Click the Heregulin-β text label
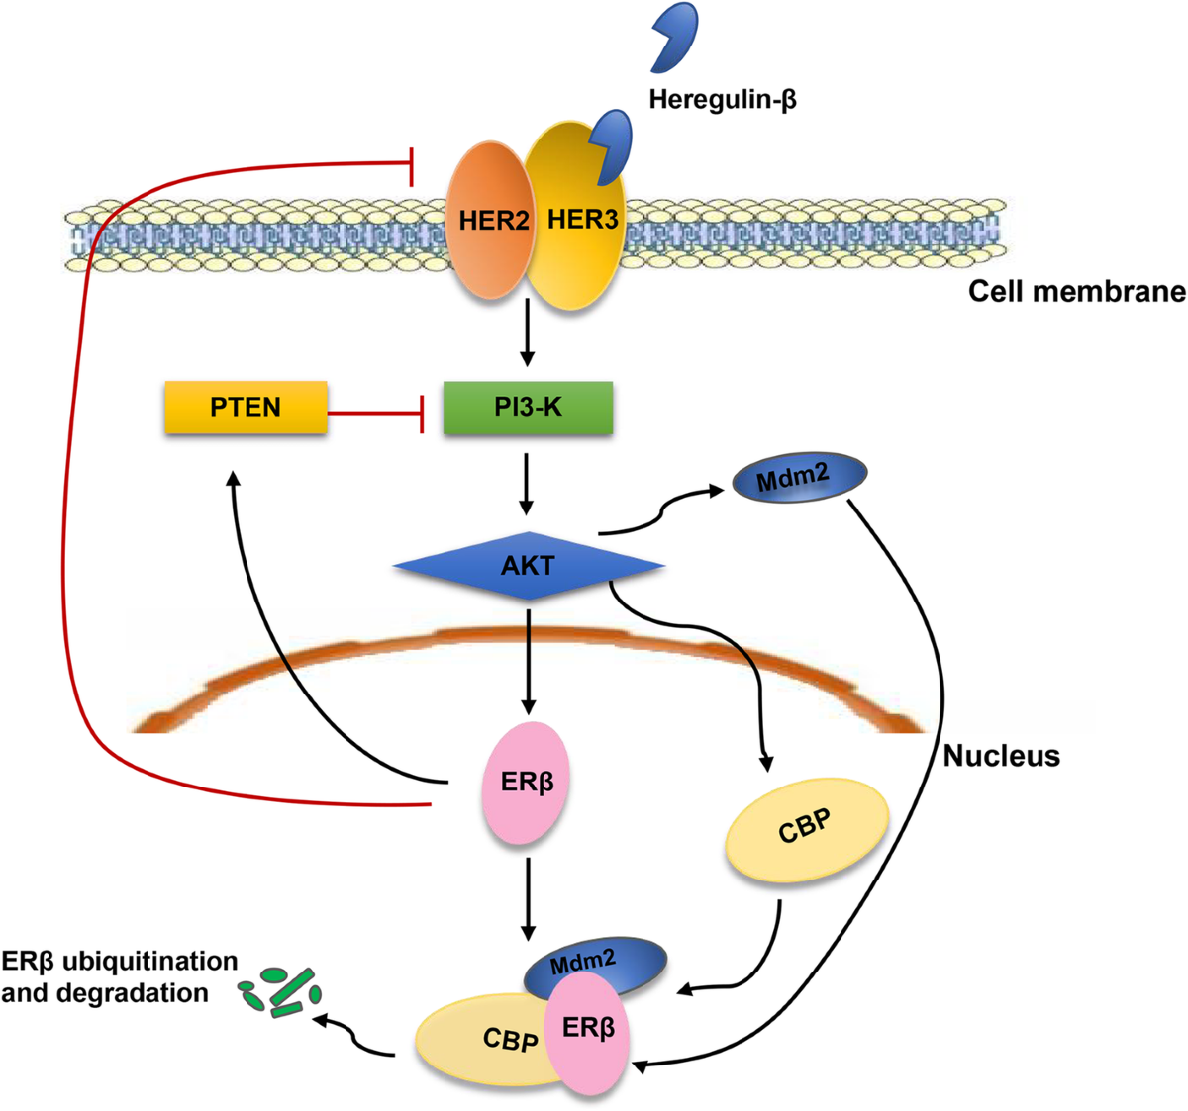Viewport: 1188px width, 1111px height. (x=723, y=99)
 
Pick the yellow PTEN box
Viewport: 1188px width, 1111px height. (x=245, y=407)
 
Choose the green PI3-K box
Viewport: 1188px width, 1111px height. (x=528, y=407)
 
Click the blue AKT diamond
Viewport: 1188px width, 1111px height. (x=528, y=566)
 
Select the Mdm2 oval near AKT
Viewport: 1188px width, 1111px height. (x=798, y=479)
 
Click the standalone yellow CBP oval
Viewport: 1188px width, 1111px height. (x=807, y=828)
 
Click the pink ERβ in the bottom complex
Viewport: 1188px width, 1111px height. (x=588, y=1032)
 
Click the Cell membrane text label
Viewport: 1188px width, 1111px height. (x=1076, y=292)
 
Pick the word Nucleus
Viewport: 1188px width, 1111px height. (x=1001, y=756)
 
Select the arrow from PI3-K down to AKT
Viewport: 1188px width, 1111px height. (x=527, y=483)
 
